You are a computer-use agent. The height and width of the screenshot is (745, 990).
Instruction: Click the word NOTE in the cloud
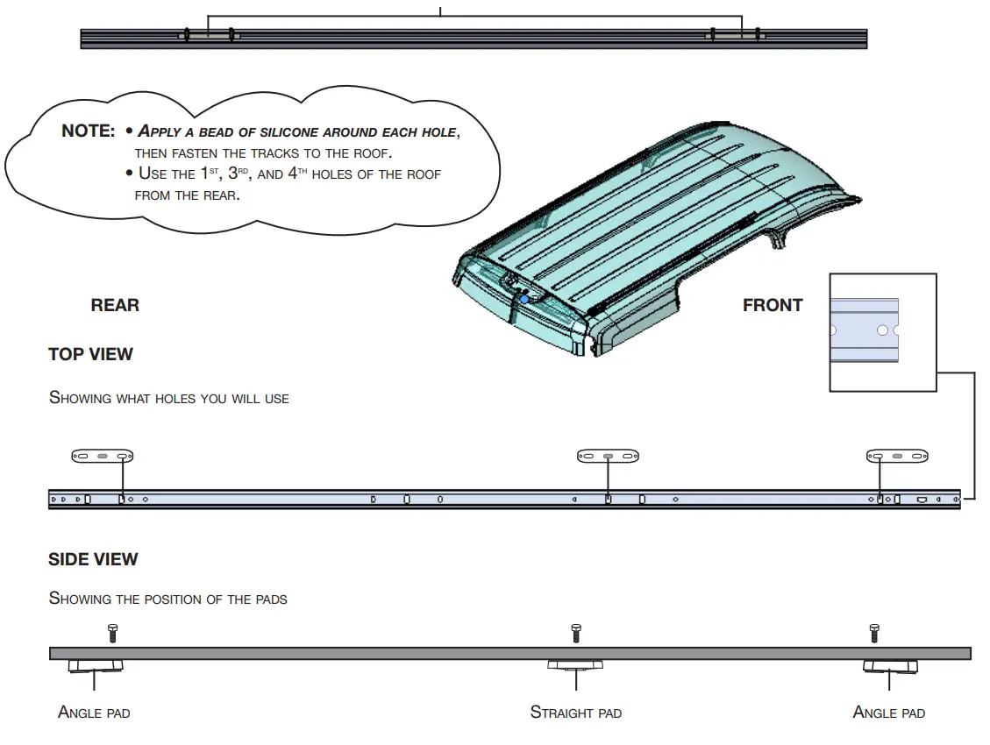click(x=88, y=131)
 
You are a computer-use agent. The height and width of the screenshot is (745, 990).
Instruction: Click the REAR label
click(x=115, y=305)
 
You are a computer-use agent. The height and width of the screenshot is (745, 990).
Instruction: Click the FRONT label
click(x=773, y=305)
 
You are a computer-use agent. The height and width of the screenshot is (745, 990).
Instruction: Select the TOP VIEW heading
click(x=90, y=354)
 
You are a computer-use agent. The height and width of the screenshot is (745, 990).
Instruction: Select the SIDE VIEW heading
click(x=93, y=559)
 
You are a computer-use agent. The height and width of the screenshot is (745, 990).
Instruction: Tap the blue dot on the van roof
click(x=524, y=300)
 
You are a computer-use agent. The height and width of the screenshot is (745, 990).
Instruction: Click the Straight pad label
click(x=575, y=713)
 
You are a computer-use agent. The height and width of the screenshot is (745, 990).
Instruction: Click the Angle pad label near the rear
click(x=94, y=713)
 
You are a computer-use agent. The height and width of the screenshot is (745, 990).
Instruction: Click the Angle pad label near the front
click(x=888, y=713)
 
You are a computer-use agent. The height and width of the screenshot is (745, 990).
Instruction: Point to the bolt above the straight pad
click(x=575, y=631)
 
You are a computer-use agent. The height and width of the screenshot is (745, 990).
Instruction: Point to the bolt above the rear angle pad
click(x=111, y=631)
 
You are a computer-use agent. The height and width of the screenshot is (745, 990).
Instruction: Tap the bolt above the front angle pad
click(x=873, y=631)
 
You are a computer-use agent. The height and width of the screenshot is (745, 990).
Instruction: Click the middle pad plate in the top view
click(x=608, y=456)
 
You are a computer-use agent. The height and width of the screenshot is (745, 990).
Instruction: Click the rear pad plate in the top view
click(x=102, y=456)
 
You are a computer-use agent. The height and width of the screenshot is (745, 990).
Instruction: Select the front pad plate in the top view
click(x=897, y=456)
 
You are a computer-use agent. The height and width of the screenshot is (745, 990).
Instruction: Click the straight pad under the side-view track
click(x=575, y=665)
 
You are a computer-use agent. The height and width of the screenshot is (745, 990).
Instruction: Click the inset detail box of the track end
click(x=882, y=331)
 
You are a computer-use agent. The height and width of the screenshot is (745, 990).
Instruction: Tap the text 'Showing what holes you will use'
click(x=168, y=398)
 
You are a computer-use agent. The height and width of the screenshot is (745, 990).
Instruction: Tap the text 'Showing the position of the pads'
click(x=167, y=600)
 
